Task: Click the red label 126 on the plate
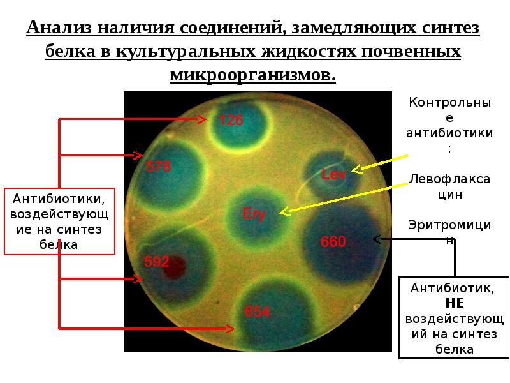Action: click(231, 120)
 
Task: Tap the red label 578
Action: click(159, 167)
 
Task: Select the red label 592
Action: click(157, 261)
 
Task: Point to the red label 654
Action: click(258, 312)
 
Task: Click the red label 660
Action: click(333, 242)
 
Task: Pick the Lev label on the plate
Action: click(333, 173)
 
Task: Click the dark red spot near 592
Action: click(174, 268)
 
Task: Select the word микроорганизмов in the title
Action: click(252, 75)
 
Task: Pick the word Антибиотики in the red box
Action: click(60, 199)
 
